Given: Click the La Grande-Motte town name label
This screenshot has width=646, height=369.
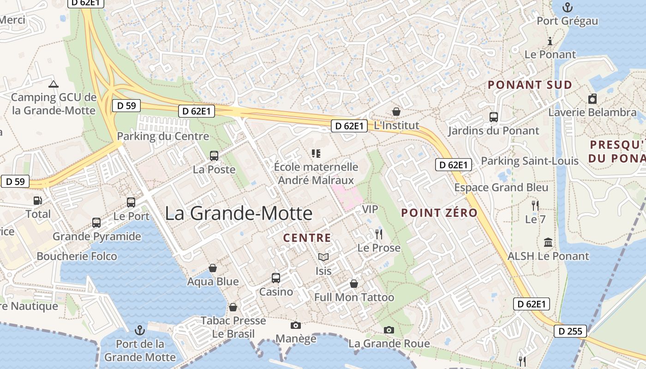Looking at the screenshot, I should click(x=239, y=213).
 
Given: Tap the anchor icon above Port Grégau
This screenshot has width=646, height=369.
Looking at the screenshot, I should click(x=568, y=7).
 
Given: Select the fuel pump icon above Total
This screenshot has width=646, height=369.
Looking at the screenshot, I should click(x=37, y=201).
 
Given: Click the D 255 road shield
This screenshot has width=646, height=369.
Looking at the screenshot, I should click(x=570, y=331).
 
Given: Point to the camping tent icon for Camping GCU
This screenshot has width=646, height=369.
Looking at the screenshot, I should click(x=54, y=84).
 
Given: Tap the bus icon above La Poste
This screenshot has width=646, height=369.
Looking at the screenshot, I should click(x=214, y=156).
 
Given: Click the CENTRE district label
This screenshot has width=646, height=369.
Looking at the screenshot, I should click(x=307, y=238).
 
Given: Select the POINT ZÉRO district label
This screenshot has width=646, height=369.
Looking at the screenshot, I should click(x=439, y=213).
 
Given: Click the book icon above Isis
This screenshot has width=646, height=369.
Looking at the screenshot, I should click(x=323, y=257).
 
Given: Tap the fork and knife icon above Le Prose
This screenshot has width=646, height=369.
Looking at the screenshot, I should click(x=379, y=234).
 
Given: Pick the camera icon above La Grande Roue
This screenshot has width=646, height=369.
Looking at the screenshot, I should click(x=389, y=330).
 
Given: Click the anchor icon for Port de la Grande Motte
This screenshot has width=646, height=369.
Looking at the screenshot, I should click(x=139, y=330).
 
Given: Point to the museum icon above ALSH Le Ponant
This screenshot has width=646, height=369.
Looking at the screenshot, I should click(x=548, y=242).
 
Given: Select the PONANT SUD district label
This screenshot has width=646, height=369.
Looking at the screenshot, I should click(x=530, y=85).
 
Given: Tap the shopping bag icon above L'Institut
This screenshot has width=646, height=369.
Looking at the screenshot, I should click(x=396, y=112).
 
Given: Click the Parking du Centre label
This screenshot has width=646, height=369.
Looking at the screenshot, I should click(x=163, y=136).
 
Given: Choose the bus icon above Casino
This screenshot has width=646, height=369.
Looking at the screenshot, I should click(x=276, y=278).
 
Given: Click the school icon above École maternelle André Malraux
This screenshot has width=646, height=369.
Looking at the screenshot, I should click(x=316, y=153).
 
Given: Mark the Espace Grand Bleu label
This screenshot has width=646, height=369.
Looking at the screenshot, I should click(x=501, y=187).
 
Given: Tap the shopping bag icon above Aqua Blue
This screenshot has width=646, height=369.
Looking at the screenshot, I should click(x=213, y=268).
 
